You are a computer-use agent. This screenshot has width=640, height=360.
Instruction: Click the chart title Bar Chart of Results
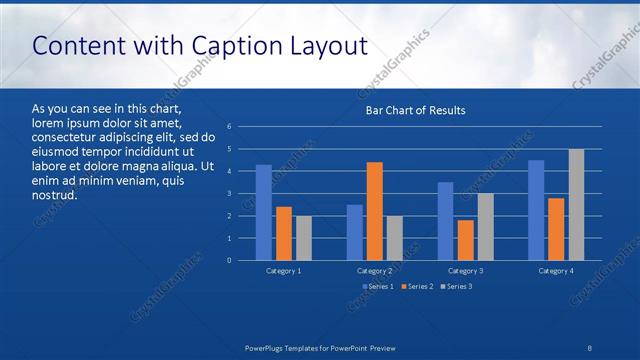click(x=414, y=110)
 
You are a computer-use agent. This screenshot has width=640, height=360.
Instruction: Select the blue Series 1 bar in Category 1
click(x=264, y=212)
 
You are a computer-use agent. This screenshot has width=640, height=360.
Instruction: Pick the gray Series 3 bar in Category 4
click(x=576, y=205)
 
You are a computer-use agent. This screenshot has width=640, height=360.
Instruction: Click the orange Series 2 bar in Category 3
click(x=465, y=240)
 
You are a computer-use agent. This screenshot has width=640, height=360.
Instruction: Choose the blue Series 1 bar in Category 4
click(x=536, y=210)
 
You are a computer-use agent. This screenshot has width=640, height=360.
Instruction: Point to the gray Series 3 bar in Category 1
click(x=303, y=238)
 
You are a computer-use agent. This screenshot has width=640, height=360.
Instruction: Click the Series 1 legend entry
click(x=377, y=287)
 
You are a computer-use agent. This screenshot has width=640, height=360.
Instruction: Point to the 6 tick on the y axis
click(x=230, y=127)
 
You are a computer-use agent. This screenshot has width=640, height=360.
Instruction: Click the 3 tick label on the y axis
click(x=230, y=194)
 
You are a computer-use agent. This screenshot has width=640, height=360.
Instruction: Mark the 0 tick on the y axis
click(x=230, y=261)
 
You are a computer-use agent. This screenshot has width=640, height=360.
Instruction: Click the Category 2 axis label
click(x=374, y=271)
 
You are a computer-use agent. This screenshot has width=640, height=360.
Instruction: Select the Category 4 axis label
click(x=556, y=271)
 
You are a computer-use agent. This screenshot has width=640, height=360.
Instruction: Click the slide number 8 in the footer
click(x=589, y=346)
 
